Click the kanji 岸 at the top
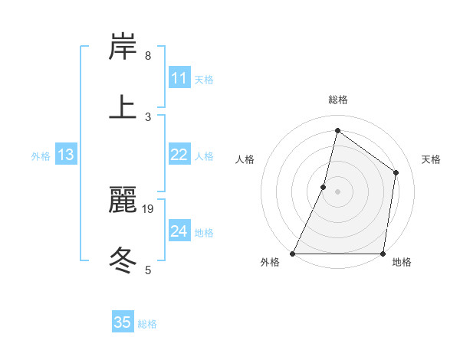(123, 47)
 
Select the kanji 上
(123, 106)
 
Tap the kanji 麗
(123, 200)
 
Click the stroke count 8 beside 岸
(148, 56)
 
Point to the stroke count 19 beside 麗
(149, 208)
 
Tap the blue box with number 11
(179, 78)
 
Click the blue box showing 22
(179, 155)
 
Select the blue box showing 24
(179, 231)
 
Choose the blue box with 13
(66, 155)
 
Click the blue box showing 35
(123, 322)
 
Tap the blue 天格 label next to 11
(204, 79)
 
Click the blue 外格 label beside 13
(41, 155)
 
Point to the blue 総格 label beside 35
(147, 324)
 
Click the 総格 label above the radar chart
(338, 100)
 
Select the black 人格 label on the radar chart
(245, 159)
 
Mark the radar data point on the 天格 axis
(396, 172)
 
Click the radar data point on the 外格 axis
(293, 254)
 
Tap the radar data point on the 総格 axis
(337, 130)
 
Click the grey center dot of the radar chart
(337, 191)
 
